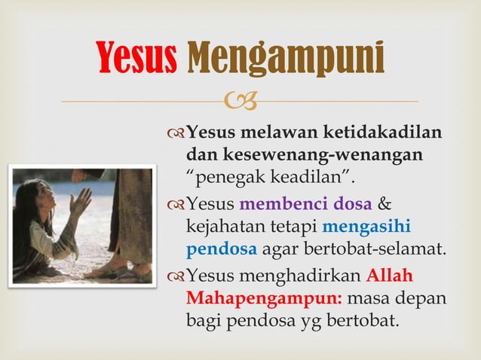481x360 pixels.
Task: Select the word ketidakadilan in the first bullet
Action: tap(382, 133)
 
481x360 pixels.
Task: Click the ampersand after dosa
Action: tap(384, 204)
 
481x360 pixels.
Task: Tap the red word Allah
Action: tap(390, 275)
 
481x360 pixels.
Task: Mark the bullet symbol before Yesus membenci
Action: tap(176, 205)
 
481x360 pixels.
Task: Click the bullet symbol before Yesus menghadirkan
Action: tap(176, 276)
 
